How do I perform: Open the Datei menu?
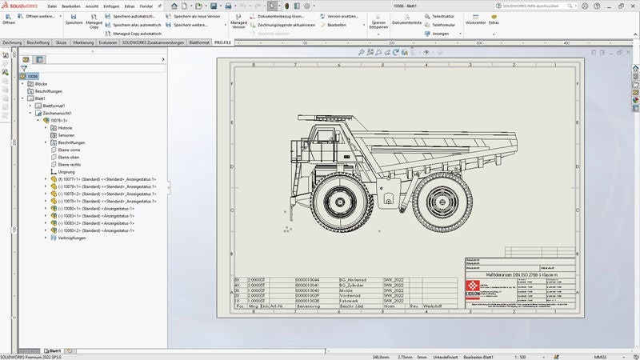(x=52, y=6)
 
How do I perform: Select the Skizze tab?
(x=62, y=42)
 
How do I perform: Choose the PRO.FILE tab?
(x=222, y=42)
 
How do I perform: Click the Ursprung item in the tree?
(x=66, y=172)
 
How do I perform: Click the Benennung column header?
(x=308, y=306)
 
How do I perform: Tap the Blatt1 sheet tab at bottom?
(x=55, y=350)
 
